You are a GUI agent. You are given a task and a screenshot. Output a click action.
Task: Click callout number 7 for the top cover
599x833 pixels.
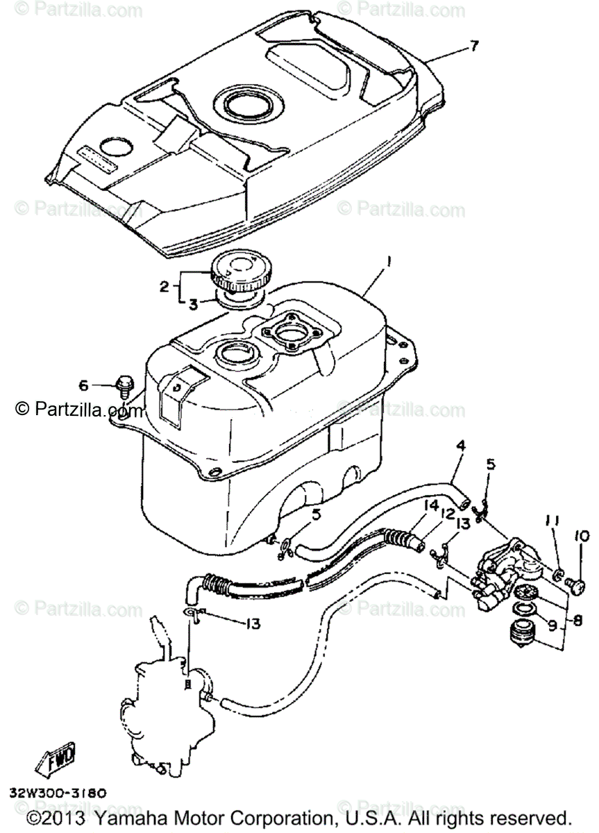point(473,47)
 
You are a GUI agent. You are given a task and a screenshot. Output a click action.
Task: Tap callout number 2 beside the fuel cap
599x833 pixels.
point(164,286)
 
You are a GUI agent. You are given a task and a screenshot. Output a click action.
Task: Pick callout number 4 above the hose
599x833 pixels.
point(459,445)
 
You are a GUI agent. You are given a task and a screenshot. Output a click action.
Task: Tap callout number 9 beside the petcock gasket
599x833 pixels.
point(552,625)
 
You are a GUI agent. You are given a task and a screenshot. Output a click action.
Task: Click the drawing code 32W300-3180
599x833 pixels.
point(58,792)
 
